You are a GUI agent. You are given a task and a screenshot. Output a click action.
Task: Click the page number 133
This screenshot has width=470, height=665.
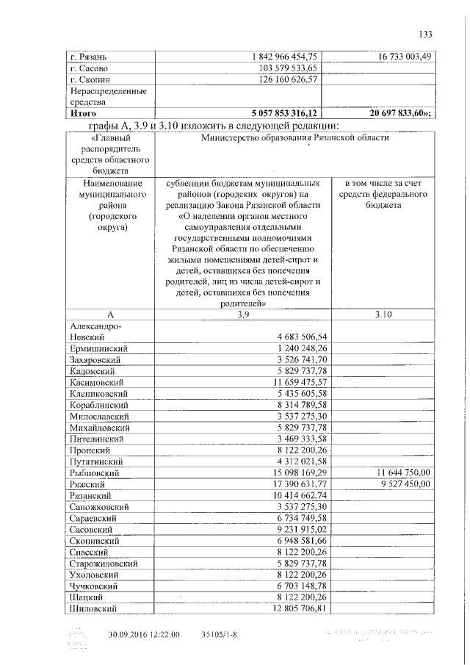(424, 34)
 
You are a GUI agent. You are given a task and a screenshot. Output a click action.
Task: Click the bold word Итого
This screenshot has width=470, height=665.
(84, 114)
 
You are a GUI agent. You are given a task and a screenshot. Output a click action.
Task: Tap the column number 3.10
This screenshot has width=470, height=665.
(384, 314)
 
